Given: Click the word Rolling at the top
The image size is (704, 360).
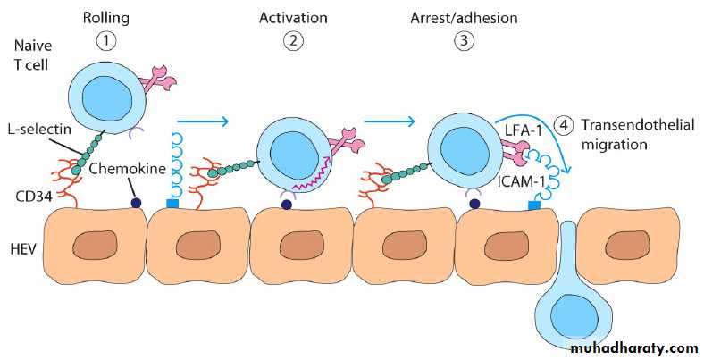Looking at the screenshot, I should pyautogui.click(x=107, y=17).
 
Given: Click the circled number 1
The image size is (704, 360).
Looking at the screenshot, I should pyautogui.click(x=107, y=40).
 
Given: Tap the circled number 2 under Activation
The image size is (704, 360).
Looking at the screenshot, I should pyautogui.click(x=293, y=40).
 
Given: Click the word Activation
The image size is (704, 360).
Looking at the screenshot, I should pyautogui.click(x=293, y=17).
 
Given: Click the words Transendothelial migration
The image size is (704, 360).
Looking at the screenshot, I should pyautogui.click(x=635, y=135).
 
